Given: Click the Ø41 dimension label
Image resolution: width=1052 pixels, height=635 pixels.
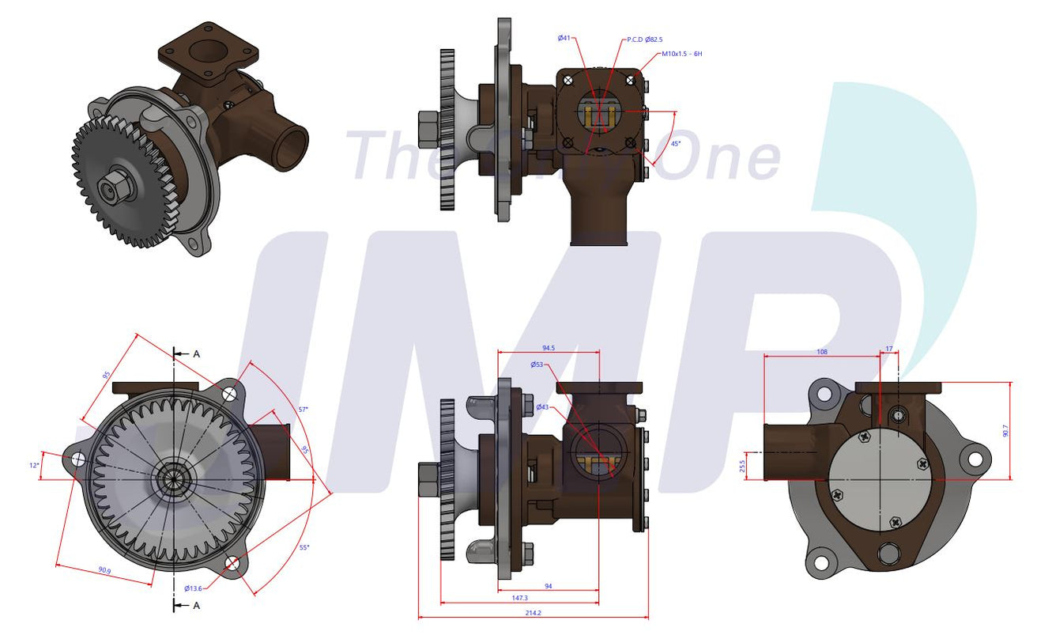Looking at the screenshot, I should tap(564, 37).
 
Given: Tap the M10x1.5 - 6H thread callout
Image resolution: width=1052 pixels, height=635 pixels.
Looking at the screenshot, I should tap(681, 54).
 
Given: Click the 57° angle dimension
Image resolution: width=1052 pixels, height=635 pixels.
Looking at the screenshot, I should tap(303, 409).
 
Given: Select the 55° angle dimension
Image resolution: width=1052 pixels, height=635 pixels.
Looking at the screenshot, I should tap(304, 547).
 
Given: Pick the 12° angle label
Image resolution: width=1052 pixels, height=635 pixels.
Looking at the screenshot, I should tap(34, 466).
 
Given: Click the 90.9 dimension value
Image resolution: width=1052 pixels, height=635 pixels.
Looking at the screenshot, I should tap(104, 569).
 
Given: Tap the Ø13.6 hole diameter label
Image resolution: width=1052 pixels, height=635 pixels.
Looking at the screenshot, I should tap(193, 588).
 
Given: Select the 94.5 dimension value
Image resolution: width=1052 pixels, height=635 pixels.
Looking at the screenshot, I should tap(548, 347).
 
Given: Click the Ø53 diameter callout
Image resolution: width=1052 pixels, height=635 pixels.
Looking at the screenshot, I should tap(537, 365).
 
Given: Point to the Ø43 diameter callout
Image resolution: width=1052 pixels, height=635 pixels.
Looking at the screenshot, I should tap(542, 407).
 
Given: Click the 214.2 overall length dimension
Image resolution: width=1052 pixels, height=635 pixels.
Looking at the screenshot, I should tap(534, 612).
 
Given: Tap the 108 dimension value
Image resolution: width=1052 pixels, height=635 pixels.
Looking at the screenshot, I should tap(821, 351).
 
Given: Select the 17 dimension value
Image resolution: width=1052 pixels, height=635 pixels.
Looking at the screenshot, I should tap(889, 349).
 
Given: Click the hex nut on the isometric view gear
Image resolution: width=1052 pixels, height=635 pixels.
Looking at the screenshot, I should tap(109, 187).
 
